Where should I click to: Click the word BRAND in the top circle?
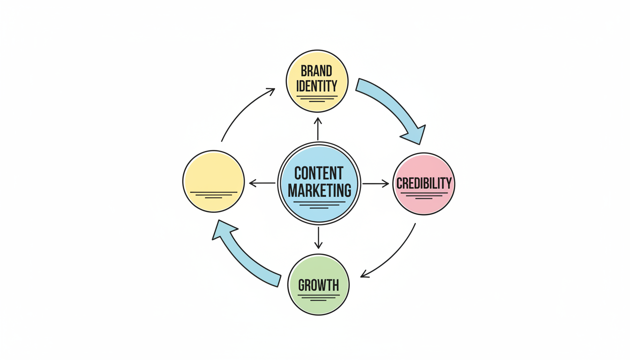point(317,71)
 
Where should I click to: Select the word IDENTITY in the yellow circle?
point(317,86)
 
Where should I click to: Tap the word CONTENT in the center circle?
point(319,173)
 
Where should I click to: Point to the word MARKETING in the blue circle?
point(319,191)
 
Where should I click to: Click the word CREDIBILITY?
point(424,183)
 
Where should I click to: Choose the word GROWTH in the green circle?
point(318,285)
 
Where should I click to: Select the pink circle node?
point(424,169)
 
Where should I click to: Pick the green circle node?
point(318,270)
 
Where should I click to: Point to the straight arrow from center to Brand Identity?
point(318,129)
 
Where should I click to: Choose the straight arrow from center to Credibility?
point(375,183)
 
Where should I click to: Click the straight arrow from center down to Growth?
point(318,238)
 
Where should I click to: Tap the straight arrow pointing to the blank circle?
point(262,183)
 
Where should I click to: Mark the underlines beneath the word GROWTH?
point(318,297)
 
